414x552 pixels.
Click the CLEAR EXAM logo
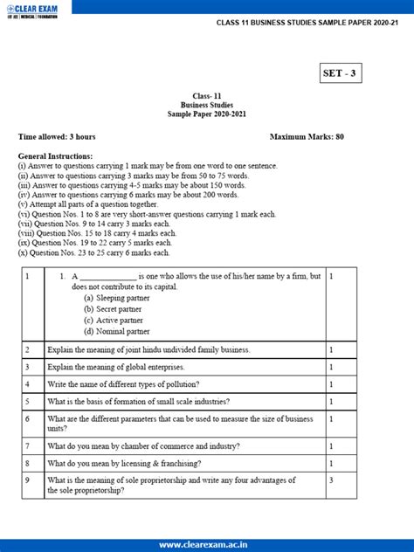(x=38, y=10)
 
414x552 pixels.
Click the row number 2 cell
(x=28, y=349)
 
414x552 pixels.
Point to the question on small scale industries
(x=139, y=402)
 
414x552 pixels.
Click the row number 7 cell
(x=28, y=445)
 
